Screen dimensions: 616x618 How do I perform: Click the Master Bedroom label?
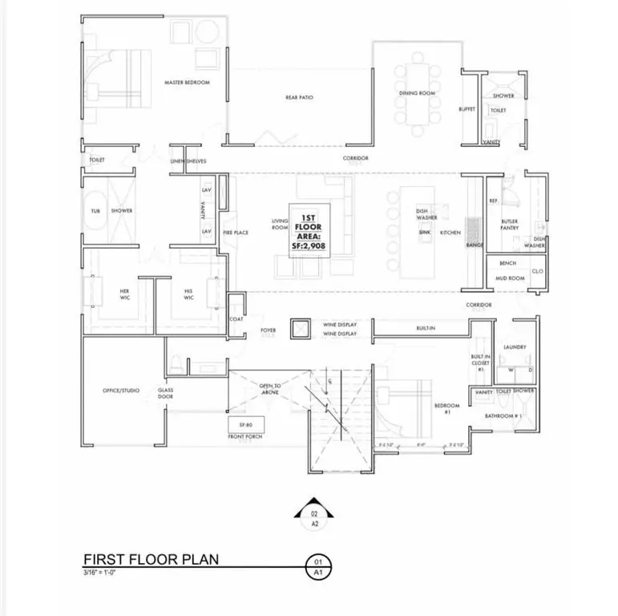[181, 82]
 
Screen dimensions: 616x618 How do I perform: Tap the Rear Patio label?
[299, 98]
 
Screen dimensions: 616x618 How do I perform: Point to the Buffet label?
[467, 109]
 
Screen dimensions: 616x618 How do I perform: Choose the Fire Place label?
[237, 233]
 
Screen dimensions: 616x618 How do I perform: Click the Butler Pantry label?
[510, 225]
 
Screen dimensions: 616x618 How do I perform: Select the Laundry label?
[514, 346]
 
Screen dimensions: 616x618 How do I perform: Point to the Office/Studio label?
[121, 390]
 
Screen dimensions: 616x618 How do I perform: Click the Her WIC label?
[124, 294]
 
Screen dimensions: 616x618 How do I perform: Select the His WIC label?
[188, 294]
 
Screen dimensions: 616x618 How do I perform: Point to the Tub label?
[95, 211]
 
